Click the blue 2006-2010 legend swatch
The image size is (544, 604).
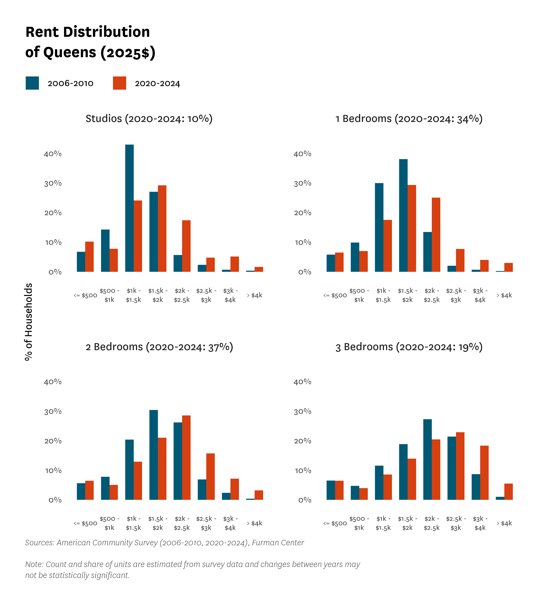32,83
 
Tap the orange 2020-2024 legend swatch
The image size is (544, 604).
120,83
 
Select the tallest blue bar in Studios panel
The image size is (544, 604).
129,208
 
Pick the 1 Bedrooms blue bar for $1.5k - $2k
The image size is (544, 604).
403,215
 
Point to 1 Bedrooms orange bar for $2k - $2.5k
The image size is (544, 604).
436,235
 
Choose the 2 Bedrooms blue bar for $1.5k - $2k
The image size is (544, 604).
154,455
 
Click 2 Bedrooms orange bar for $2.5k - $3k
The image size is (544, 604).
210,477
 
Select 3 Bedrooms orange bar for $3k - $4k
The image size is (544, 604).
484,473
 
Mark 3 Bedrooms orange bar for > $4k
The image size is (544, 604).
508,492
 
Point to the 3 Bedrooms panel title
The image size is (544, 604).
409,347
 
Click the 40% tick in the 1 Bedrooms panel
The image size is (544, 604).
302,154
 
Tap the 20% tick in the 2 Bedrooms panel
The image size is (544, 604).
53,441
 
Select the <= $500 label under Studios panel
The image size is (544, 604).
85,295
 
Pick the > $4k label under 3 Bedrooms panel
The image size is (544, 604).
504,523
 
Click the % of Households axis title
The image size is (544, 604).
28,322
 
